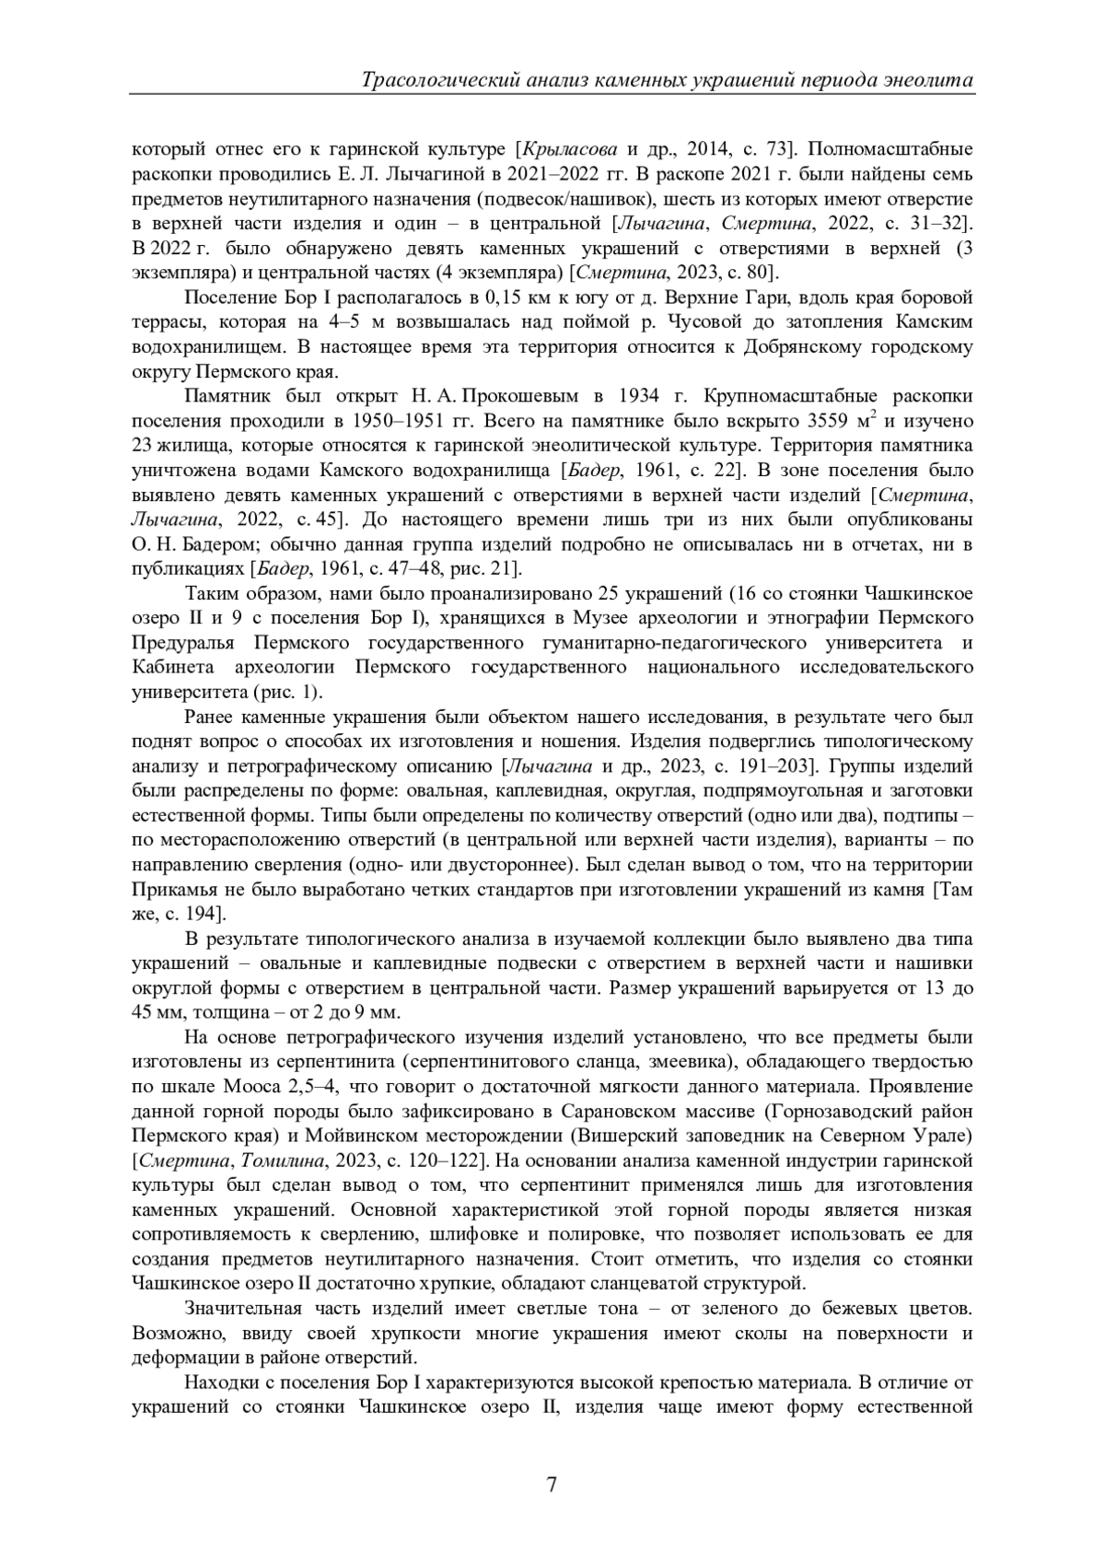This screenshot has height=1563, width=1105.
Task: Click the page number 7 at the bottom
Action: pos(552,1484)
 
